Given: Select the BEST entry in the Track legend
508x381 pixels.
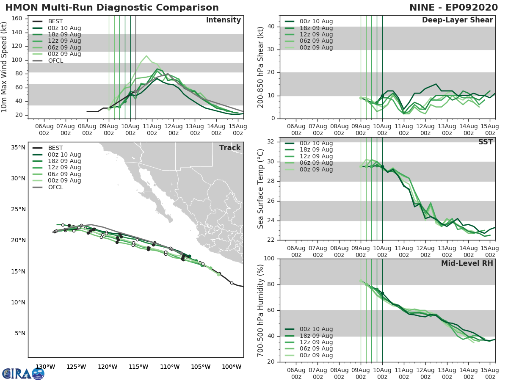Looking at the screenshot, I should tap(55, 148).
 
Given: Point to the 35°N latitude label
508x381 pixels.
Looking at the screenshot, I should tap(18, 148).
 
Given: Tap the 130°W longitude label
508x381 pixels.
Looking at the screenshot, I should tap(45, 367).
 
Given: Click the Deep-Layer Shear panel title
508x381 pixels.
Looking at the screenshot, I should tap(457, 20).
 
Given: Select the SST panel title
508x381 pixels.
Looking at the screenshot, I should tap(485, 142).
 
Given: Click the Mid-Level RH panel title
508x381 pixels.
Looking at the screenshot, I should tap(467, 263).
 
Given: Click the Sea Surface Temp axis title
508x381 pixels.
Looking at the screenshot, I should tap(261, 189).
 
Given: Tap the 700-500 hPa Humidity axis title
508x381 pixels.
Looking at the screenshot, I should tap(261, 310).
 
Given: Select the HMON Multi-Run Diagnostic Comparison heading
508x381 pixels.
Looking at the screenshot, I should tap(112, 8).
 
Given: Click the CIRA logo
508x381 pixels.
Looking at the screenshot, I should tap(23, 373).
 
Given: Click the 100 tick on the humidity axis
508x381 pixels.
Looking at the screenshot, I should tap(269, 259).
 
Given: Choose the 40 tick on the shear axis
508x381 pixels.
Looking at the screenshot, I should tap(272, 27).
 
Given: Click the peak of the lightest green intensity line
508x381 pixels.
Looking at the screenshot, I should tap(146, 56).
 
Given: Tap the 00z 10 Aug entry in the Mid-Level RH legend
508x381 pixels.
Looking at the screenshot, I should tap(316, 329).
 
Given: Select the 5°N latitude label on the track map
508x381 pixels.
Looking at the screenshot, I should tap(20, 334).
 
